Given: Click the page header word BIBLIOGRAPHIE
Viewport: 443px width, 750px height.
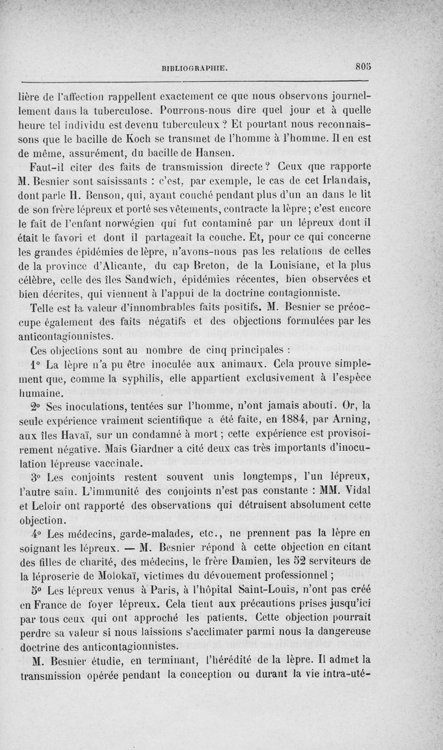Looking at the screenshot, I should coord(193,69).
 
